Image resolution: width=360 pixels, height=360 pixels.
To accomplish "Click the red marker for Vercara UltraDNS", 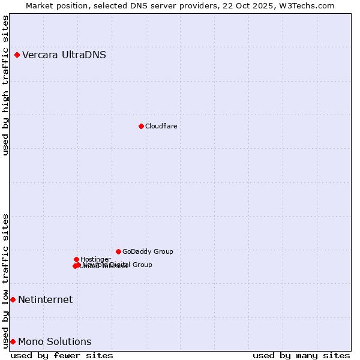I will (17, 55).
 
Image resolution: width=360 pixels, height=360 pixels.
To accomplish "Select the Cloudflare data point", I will (141, 126).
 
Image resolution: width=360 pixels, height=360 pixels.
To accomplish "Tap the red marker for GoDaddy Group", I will (118, 251).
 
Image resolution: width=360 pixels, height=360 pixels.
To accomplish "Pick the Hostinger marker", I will (76, 259).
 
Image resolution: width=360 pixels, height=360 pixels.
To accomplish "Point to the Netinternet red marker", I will (13, 299).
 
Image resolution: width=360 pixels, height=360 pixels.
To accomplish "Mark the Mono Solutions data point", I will (13, 341).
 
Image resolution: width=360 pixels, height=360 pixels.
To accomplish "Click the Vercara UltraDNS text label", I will (64, 55).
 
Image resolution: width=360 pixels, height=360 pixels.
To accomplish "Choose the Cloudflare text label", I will (161, 126).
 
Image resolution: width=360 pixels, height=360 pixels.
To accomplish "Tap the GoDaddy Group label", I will (148, 251).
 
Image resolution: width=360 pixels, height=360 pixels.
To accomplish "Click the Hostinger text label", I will (95, 259).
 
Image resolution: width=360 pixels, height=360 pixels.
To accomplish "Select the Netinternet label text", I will (45, 299).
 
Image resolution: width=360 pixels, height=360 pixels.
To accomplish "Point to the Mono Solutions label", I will (55, 341).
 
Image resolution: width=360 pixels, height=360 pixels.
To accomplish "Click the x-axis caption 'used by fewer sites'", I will (62, 355).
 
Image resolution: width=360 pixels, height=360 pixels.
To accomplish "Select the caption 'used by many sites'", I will (301, 355).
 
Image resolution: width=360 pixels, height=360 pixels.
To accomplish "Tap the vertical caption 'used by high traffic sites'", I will (5, 85).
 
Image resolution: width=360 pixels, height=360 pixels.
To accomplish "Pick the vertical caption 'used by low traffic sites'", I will (5, 281).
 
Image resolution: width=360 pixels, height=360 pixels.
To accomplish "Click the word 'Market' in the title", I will (38, 5).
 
